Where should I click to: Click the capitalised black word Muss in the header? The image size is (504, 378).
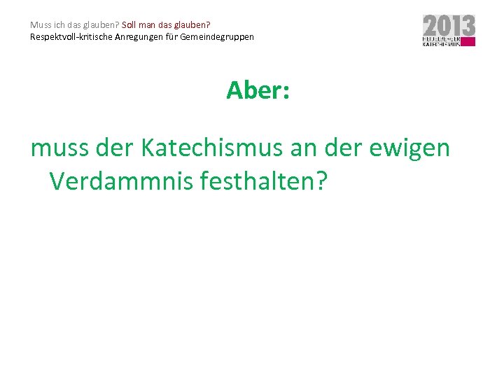click(x=39, y=25)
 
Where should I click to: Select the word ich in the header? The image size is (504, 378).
click(x=57, y=25)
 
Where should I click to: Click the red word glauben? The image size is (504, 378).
click(x=192, y=25)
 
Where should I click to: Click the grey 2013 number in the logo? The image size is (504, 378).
click(x=449, y=26)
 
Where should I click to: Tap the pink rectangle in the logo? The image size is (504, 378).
click(x=468, y=43)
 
